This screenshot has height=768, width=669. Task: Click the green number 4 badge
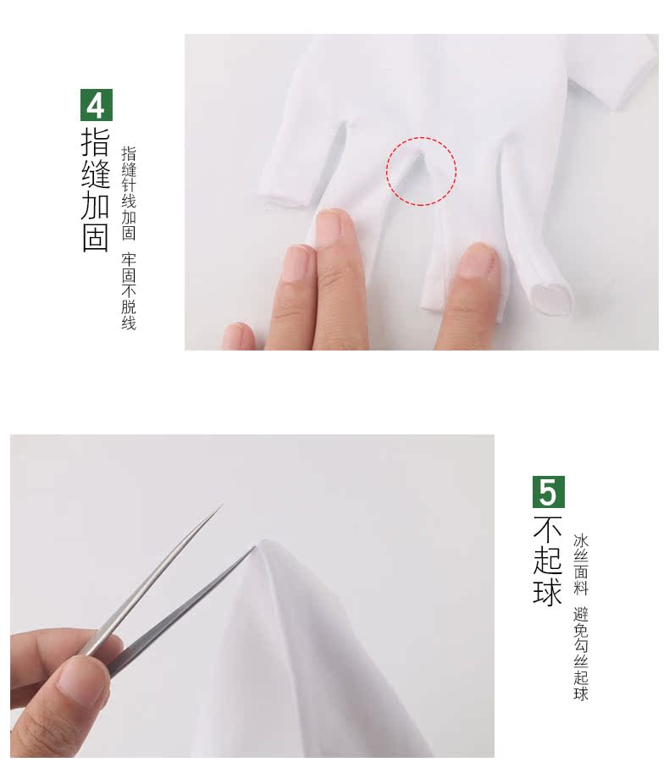(x=96, y=104)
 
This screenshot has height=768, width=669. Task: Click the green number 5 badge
(x=549, y=491)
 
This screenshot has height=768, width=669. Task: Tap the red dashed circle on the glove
(x=422, y=171)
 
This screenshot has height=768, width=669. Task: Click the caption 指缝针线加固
(x=129, y=193)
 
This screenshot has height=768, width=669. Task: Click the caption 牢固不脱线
(x=129, y=290)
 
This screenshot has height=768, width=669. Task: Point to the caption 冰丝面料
(x=580, y=564)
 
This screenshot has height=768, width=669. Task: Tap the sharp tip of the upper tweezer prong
(x=222, y=506)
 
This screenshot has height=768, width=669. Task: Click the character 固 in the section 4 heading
(x=96, y=238)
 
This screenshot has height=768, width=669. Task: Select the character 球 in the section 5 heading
(x=548, y=591)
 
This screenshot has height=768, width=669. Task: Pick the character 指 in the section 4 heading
(x=96, y=141)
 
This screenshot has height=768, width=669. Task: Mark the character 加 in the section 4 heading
(x=96, y=206)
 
